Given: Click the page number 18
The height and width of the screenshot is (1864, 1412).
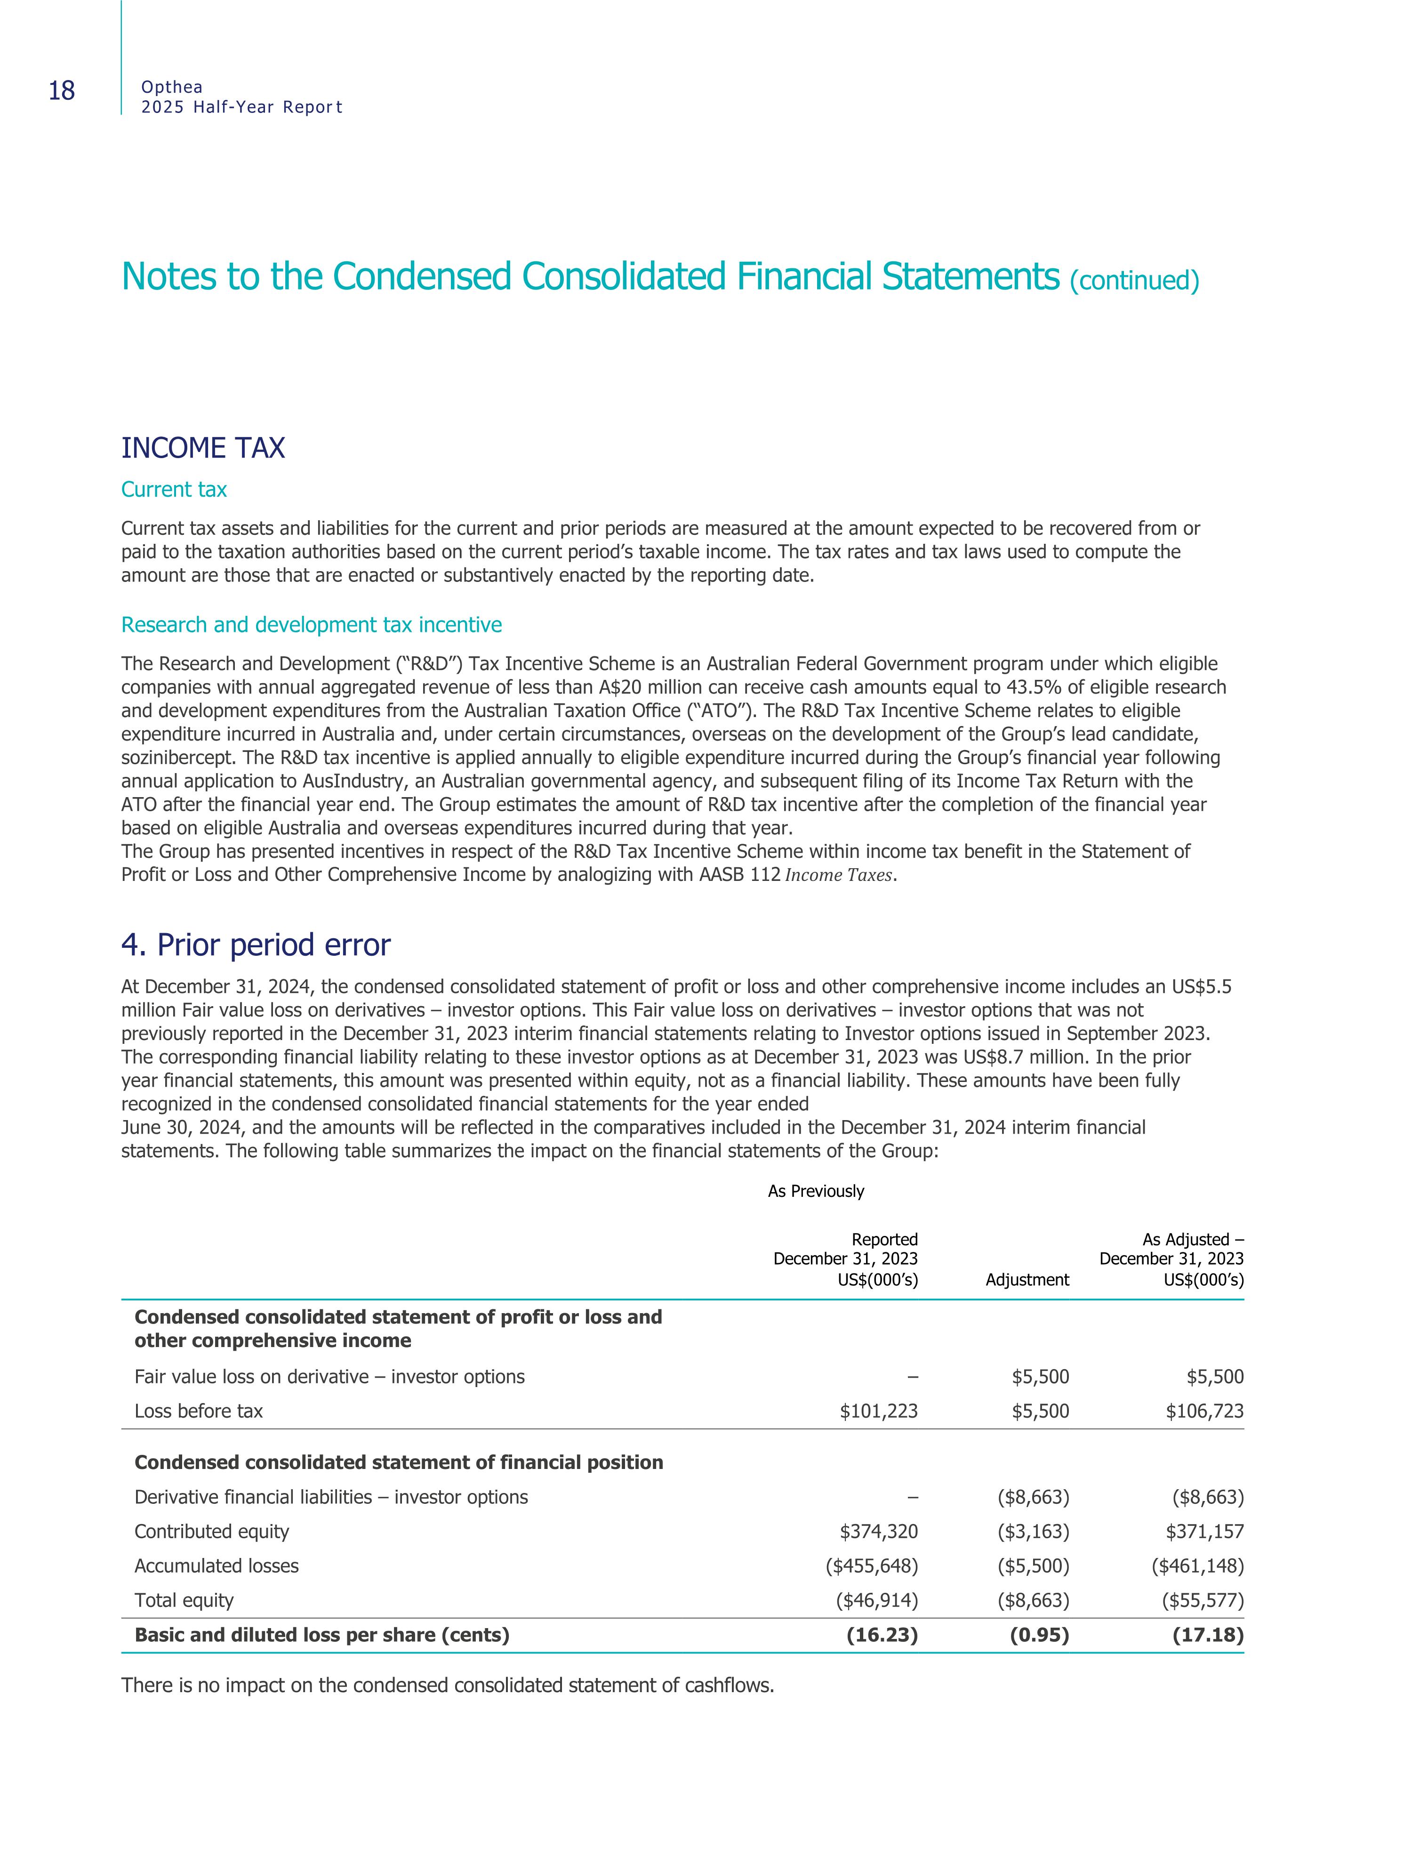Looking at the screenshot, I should click(62, 91).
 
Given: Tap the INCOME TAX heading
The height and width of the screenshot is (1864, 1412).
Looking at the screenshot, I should click(203, 448).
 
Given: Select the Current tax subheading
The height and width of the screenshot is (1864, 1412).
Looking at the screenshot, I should click(174, 490).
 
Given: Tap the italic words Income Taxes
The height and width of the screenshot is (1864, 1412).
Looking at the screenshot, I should click(838, 876).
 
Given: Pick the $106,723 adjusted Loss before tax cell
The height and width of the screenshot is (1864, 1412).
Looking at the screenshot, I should click(1204, 1412).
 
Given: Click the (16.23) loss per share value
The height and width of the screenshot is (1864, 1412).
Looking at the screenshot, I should click(881, 1636).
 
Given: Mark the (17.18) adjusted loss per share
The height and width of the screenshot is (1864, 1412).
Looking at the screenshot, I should click(1207, 1636).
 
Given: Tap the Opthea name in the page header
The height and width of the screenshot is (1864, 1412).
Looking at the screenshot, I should click(172, 87).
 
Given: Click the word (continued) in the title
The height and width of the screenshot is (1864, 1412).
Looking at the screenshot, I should click(1134, 281).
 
